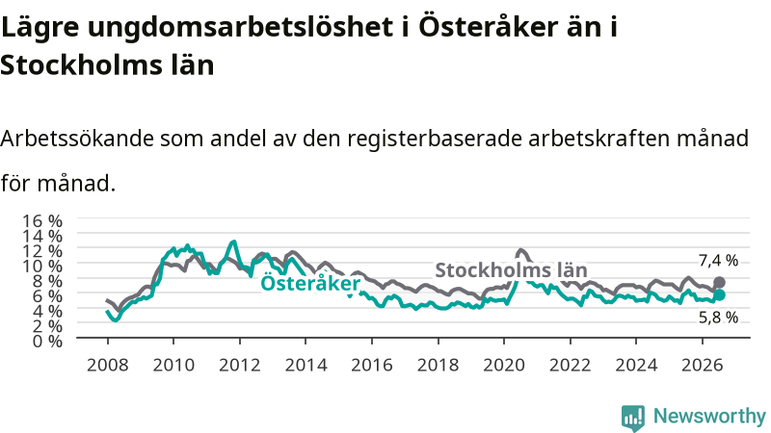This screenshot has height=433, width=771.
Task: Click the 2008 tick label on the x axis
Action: coord(107,365)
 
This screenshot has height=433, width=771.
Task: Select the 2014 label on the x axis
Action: coord(306,365)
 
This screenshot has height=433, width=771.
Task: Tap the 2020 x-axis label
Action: coord(504,365)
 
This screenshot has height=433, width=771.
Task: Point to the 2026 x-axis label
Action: coord(703,365)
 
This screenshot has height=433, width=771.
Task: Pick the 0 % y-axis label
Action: coord(47,341)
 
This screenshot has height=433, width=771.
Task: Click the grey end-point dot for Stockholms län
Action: coord(719,282)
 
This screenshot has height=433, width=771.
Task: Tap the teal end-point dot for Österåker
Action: coord(719,294)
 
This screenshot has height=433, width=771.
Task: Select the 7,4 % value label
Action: coord(718,261)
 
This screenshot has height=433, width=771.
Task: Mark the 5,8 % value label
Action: coord(718,318)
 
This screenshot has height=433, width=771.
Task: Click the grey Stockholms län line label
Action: coord(511,270)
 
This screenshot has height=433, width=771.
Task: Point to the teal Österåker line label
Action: coord(310,283)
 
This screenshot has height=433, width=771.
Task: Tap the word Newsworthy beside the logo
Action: coord(709,417)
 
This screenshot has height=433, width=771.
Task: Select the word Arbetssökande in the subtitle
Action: coord(77,139)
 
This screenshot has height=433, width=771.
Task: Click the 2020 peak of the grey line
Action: coord(520,251)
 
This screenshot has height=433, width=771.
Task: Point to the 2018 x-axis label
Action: coord(439,365)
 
